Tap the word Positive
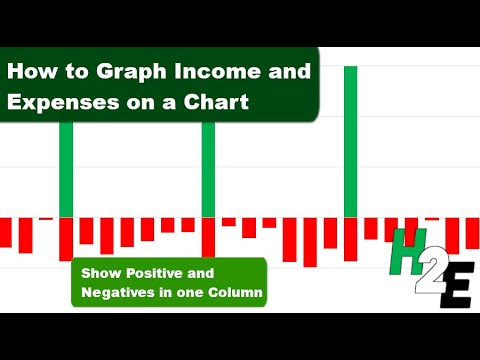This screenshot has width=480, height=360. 151,273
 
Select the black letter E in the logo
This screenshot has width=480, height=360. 456,286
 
